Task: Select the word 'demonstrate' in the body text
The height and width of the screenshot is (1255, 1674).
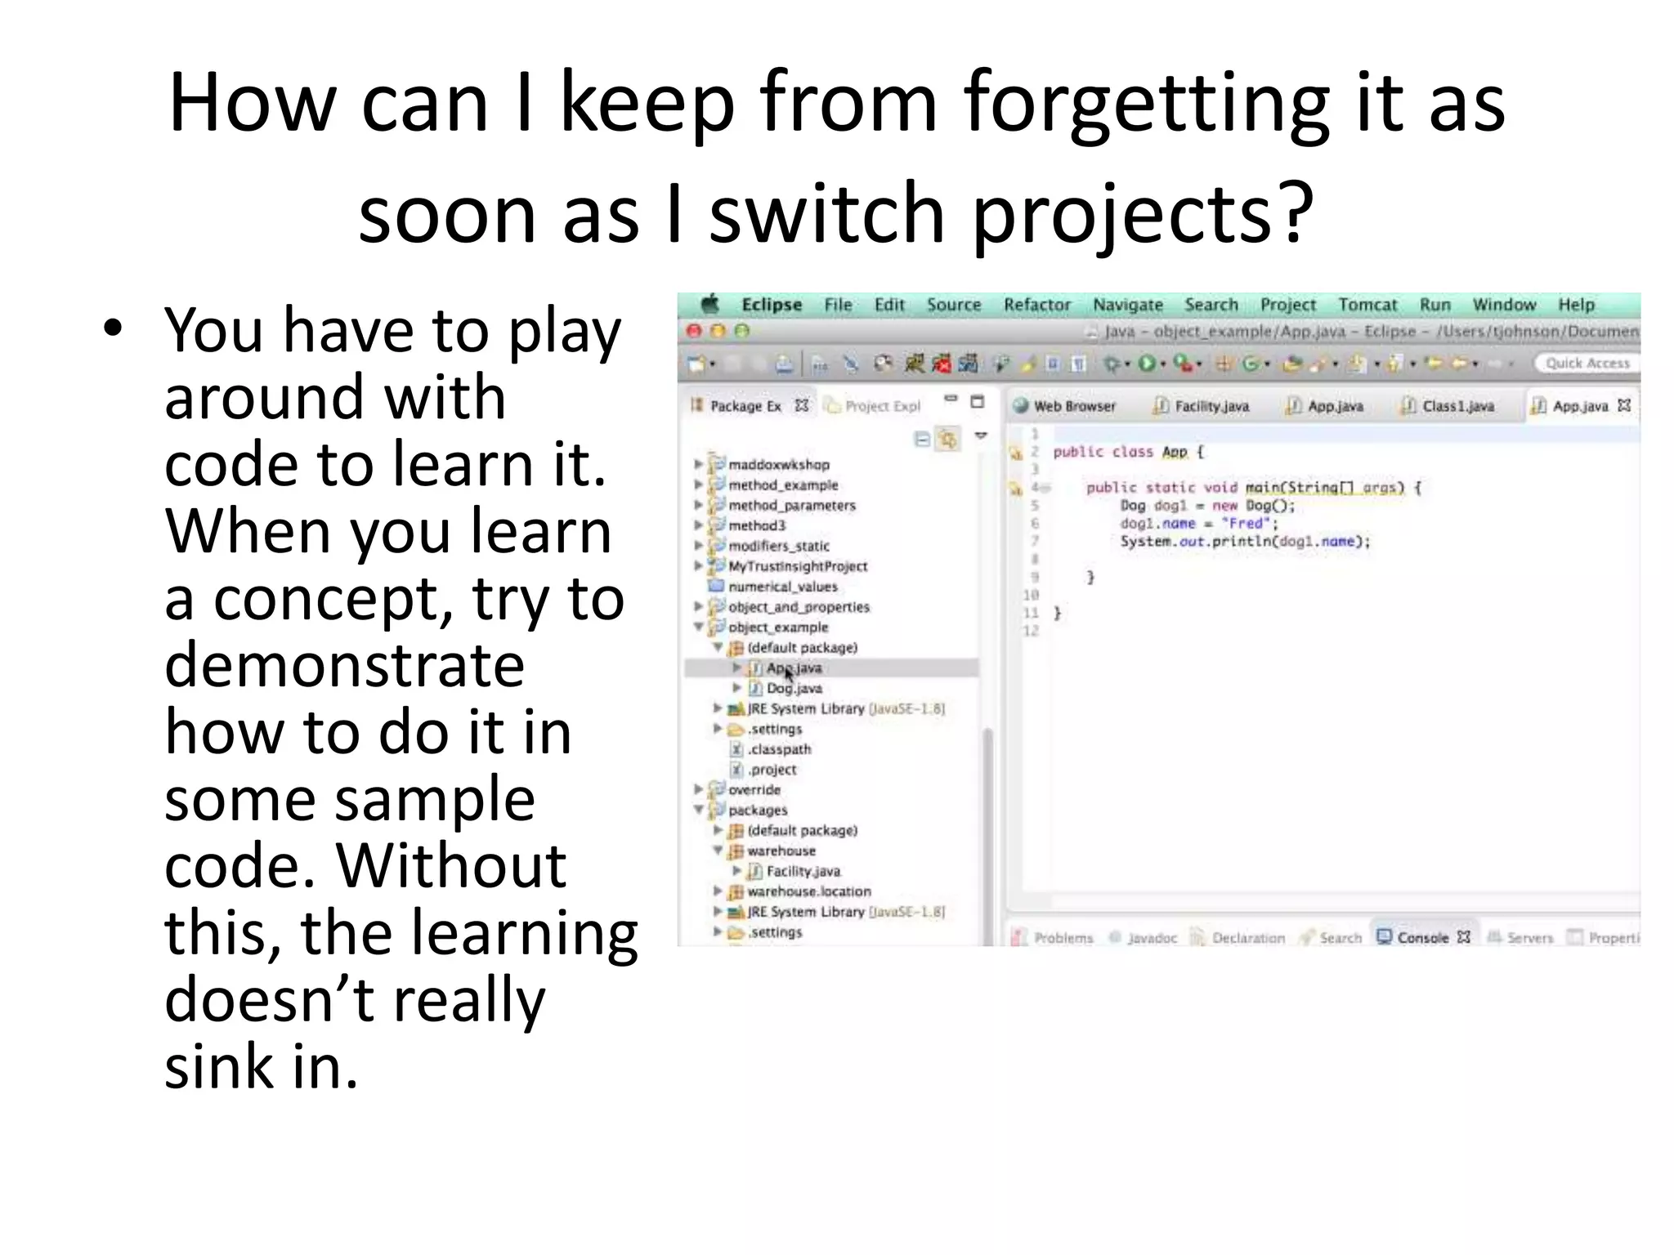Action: pyautogui.click(x=344, y=665)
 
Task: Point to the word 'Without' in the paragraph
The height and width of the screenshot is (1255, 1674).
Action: pyautogui.click(x=451, y=865)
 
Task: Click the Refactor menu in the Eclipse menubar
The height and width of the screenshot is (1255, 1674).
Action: pyautogui.click(x=1036, y=305)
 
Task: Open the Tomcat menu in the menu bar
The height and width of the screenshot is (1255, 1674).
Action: pyautogui.click(x=1367, y=305)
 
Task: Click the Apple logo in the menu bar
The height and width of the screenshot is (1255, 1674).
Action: pyautogui.click(x=710, y=305)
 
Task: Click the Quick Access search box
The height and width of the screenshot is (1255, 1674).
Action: pyautogui.click(x=1587, y=364)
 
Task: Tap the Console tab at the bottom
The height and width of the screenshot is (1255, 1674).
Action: pyautogui.click(x=1421, y=937)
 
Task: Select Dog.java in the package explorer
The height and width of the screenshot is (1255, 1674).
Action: pyautogui.click(x=794, y=689)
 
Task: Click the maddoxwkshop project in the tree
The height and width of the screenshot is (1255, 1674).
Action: pyautogui.click(x=778, y=465)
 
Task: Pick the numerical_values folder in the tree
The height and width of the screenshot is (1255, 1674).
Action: pyautogui.click(x=782, y=587)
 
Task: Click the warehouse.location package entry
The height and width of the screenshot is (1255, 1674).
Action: pyautogui.click(x=808, y=891)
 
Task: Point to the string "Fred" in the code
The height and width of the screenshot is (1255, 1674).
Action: pyautogui.click(x=1246, y=524)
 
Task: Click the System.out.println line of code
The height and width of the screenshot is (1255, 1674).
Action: pyautogui.click(x=1244, y=542)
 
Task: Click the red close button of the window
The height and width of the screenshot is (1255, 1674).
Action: pyautogui.click(x=694, y=331)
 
